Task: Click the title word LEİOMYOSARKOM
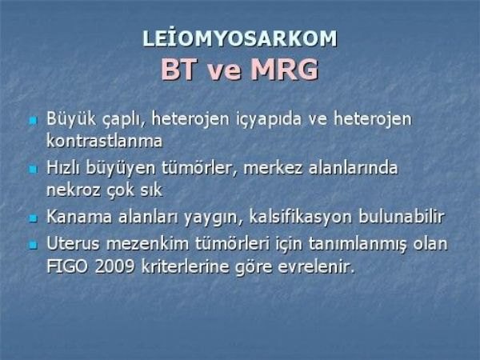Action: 240,38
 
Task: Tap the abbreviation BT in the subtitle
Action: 178,69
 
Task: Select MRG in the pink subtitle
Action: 284,69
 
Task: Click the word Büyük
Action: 71,118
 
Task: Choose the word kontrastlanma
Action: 104,141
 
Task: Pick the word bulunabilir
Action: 402,217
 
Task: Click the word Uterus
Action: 73,243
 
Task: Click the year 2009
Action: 114,266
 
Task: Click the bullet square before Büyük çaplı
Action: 33,120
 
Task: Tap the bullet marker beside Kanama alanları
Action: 33,218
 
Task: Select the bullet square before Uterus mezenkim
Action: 33,245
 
